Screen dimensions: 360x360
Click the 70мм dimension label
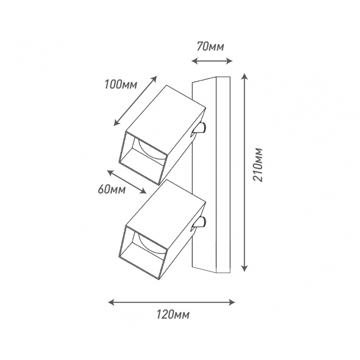211,47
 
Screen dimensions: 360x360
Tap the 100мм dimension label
121,85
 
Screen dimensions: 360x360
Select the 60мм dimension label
112,189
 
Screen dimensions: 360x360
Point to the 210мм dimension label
257,165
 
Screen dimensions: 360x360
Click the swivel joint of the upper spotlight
200,129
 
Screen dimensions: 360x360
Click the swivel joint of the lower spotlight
200,223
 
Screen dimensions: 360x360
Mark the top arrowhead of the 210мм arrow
245,76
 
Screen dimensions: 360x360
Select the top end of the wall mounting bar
211,80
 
